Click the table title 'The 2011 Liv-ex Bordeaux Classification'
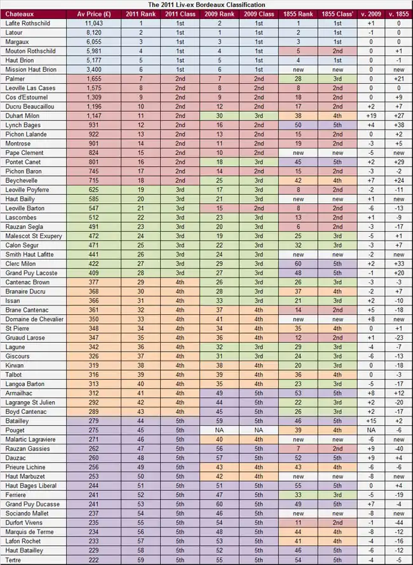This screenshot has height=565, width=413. pyautogui.click(x=207, y=4)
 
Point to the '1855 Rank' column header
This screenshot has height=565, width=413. pyautogui.click(x=297, y=13)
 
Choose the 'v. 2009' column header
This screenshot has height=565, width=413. pyautogui.click(x=370, y=13)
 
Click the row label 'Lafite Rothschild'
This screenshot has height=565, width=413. pyautogui.click(x=27, y=23)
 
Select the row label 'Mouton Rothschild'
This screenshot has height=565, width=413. pyautogui.click(x=30, y=51)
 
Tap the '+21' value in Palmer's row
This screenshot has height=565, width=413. pyautogui.click(x=398, y=79)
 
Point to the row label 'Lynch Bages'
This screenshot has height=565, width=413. pyautogui.click(x=23, y=125)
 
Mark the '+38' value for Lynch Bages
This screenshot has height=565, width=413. pyautogui.click(x=398, y=125)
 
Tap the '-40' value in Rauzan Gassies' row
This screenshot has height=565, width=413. pyautogui.click(x=398, y=449)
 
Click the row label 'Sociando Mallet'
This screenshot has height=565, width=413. pyautogui.click(x=29, y=514)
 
